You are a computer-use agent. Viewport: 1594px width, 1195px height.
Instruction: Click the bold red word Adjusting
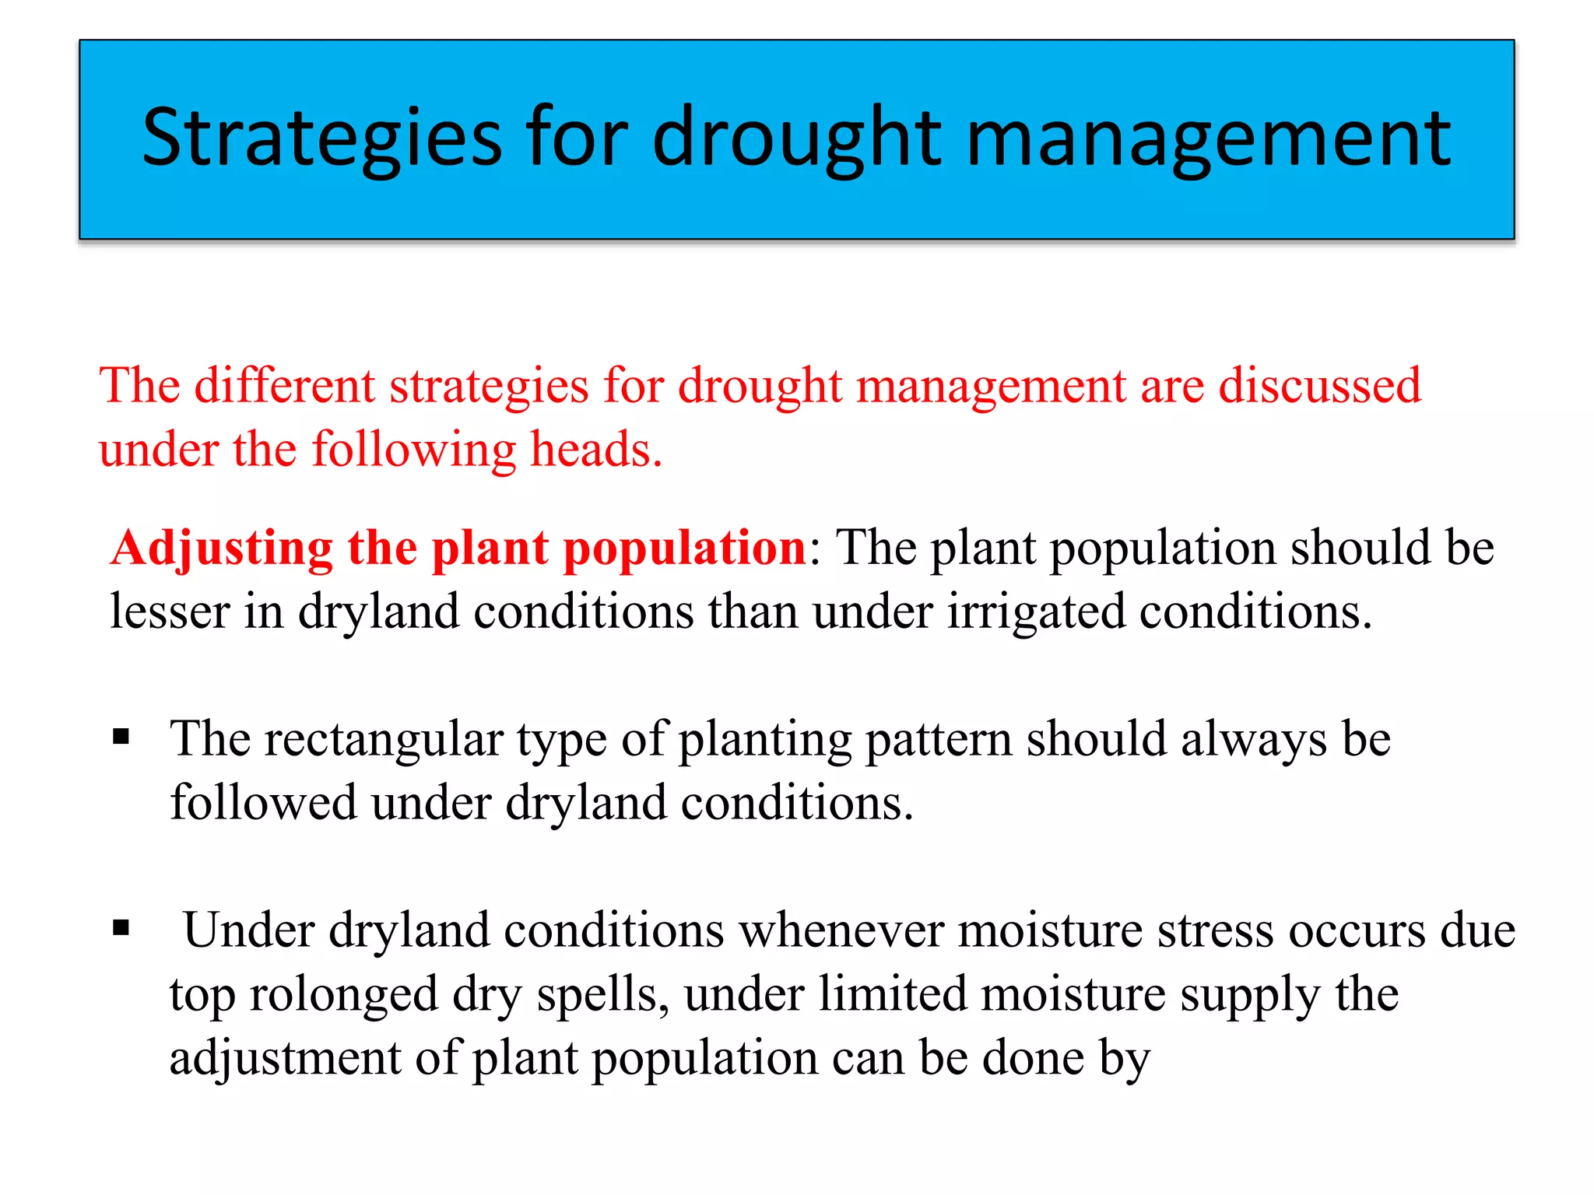tap(221, 548)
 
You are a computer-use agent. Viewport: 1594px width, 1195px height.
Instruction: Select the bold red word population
tap(685, 548)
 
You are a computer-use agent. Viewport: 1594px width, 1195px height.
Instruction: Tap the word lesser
tap(169, 612)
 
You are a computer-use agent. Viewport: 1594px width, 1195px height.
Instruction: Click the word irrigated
tap(1036, 612)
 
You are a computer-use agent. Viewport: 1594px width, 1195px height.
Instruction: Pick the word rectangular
tap(384, 739)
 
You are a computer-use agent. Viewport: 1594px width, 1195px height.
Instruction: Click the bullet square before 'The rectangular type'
tap(121, 736)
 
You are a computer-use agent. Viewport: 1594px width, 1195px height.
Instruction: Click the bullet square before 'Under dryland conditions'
tap(121, 927)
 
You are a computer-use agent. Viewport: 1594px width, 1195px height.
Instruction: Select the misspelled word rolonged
tap(343, 994)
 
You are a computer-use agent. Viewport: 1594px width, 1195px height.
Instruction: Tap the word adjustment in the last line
tap(285, 1058)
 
